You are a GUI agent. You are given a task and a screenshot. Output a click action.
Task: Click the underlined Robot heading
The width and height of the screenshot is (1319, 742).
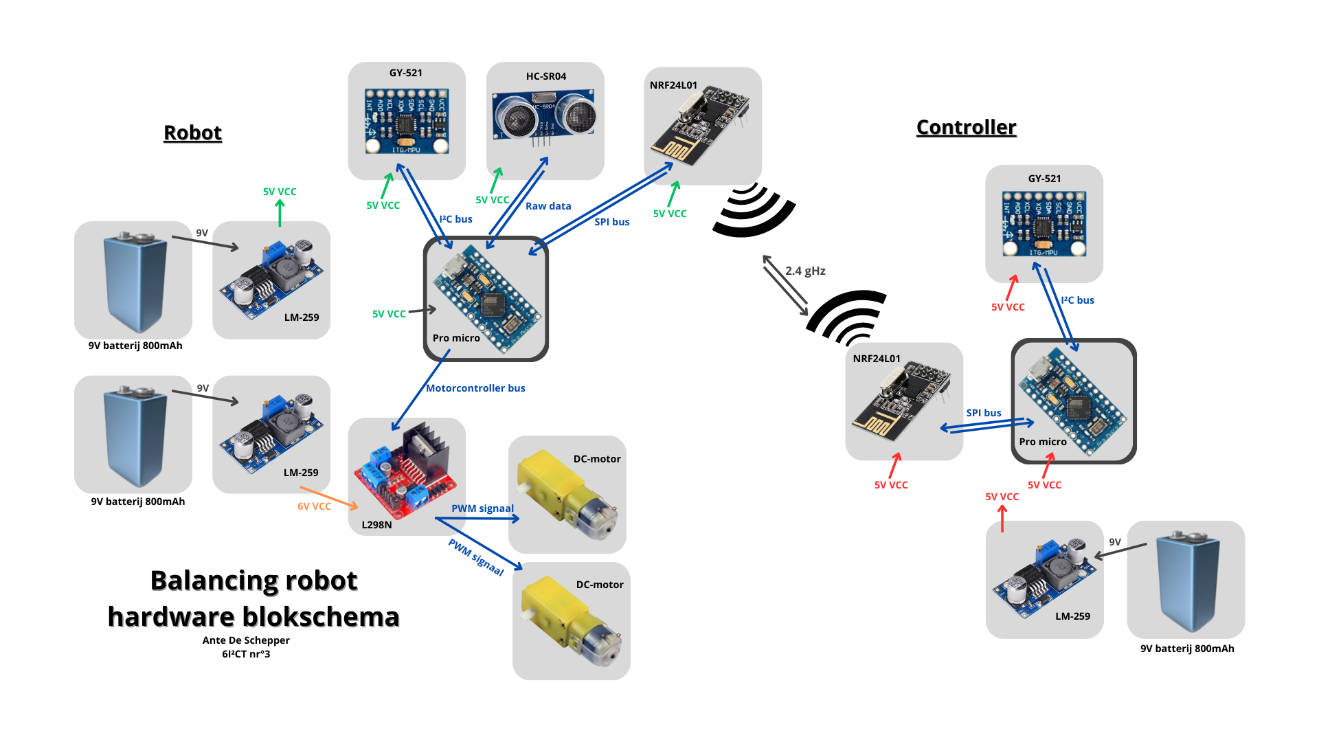[192, 133]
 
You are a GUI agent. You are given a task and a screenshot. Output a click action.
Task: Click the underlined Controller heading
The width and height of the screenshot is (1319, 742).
[966, 127]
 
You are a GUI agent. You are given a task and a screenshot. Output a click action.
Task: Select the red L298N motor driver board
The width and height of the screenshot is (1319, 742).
[405, 474]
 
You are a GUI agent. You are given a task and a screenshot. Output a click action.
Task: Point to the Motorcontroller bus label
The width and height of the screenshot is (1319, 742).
[475, 388]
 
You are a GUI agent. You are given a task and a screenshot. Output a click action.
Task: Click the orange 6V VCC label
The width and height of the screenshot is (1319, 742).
[314, 506]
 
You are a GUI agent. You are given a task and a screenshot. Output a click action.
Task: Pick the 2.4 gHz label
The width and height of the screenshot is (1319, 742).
[805, 271]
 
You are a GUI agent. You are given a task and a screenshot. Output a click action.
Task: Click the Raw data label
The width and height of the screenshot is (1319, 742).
[548, 206]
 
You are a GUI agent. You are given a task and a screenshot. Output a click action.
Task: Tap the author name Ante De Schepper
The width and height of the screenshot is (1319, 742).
[246, 640]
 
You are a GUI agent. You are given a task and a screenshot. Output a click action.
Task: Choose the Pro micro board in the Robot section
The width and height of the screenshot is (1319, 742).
[486, 298]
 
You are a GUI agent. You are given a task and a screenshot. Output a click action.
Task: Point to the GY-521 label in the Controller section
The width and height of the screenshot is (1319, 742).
[1044, 179]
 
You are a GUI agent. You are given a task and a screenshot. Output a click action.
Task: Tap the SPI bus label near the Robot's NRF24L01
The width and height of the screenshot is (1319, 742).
[611, 222]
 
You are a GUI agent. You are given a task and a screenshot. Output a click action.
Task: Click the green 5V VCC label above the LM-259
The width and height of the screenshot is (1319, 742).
[280, 192]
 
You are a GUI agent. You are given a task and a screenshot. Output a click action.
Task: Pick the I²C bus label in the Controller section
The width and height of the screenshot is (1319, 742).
[1077, 300]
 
